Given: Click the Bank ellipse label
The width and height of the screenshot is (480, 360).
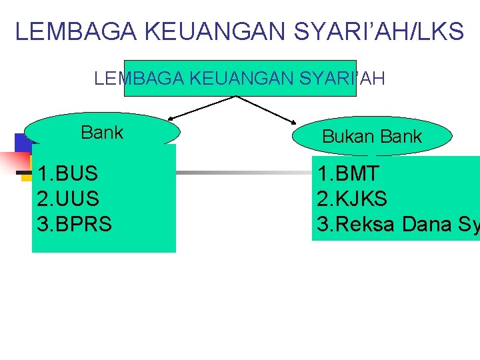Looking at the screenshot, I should pos(102,133).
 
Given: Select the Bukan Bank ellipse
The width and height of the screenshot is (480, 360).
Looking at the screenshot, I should pos(372,137).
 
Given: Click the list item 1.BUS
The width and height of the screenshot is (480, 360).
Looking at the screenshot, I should pos(67,174).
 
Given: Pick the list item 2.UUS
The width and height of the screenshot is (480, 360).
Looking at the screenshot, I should pos(68,199).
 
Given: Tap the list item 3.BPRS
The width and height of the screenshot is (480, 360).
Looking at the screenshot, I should pos(75,224).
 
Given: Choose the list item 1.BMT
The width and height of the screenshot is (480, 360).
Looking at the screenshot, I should pos(349,174).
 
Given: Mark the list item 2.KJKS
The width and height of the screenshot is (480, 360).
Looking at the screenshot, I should pos(353,199).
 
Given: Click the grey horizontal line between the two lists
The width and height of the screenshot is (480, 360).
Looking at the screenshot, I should pos(243,173).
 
